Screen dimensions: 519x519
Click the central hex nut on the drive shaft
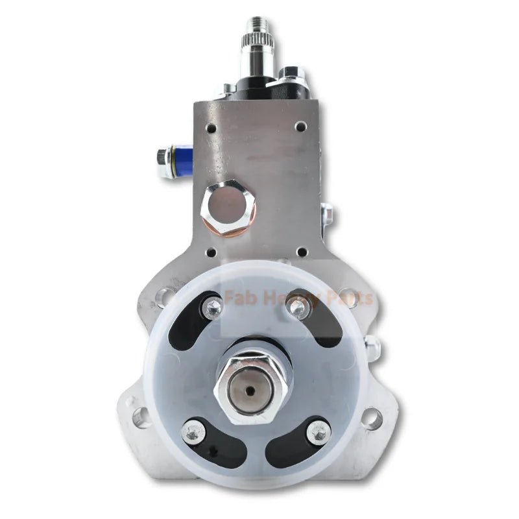click(254, 383)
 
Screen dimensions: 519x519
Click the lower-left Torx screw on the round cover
click(191, 430)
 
